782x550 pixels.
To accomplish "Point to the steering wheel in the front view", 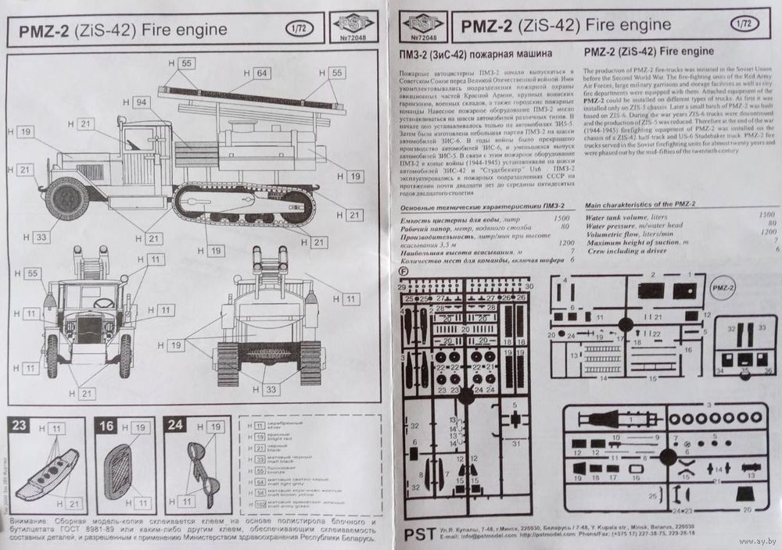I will coord(103,303).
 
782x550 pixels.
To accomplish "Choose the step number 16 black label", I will coord(107,427).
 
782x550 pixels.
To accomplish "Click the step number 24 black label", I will coord(176,427).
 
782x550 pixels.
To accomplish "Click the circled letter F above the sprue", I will coord(403,271).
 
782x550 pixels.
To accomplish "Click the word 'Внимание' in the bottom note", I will coord(30,521).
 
